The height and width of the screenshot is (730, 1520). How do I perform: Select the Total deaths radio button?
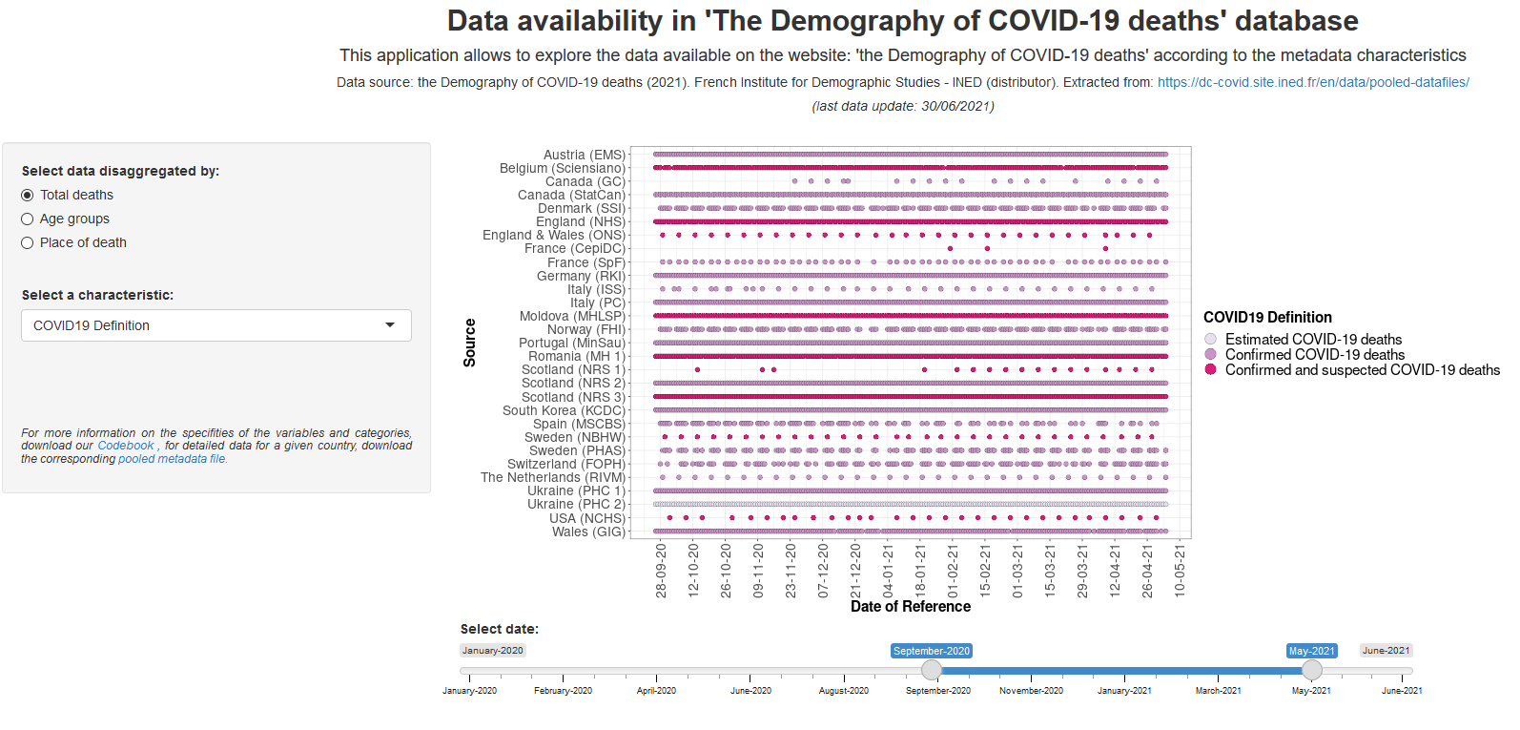pos(28,196)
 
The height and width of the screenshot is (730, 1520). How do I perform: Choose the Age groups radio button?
pos(28,219)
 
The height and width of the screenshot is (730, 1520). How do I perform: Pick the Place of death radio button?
pos(28,243)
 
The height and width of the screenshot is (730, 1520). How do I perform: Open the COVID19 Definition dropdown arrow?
pos(390,325)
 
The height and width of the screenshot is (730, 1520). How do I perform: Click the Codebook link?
pos(126,446)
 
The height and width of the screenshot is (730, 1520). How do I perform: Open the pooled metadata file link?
pos(173,459)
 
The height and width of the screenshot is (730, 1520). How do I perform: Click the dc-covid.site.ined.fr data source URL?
pos(1313,83)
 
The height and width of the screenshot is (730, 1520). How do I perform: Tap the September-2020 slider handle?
pos(932,670)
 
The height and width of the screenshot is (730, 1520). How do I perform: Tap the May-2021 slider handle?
pos(1312,670)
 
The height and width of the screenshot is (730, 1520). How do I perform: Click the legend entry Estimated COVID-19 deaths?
pos(1313,340)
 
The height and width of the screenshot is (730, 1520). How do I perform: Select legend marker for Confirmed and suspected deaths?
pos(1211,370)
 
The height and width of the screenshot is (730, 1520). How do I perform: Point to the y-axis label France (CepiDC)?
pos(575,249)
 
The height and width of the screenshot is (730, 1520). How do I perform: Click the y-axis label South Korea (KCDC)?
pos(564,411)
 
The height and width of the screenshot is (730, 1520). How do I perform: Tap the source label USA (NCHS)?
pos(587,519)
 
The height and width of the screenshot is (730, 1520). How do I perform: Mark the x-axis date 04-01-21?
pos(889,571)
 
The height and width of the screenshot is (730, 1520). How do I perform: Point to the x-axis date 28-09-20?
pos(662,571)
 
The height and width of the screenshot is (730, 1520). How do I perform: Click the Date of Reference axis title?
pos(911,607)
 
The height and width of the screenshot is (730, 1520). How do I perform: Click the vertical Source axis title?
pos(469,343)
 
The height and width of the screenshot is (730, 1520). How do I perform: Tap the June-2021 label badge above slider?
pos(1386,651)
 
